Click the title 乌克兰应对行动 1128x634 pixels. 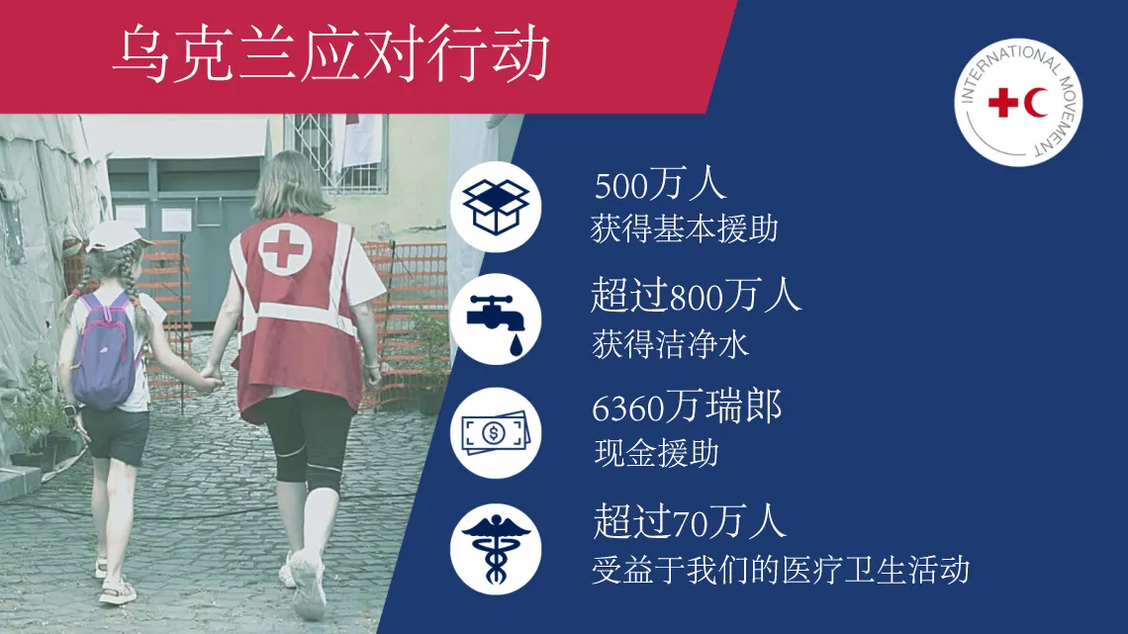point(330,54)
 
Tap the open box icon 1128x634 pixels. point(496,207)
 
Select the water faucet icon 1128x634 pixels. point(497,321)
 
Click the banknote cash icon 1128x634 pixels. point(496,433)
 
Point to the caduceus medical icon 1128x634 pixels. point(496,549)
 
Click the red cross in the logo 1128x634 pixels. point(1003,103)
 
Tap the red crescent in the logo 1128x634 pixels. point(1037,103)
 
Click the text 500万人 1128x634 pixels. point(660,185)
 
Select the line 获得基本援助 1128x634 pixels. point(684,229)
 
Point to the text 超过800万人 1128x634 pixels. point(696,296)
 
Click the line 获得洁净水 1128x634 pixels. point(670,343)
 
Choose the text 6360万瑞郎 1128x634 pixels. point(687,408)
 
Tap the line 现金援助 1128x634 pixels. point(656,454)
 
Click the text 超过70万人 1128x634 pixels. point(690,521)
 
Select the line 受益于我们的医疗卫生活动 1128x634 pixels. point(781,570)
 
